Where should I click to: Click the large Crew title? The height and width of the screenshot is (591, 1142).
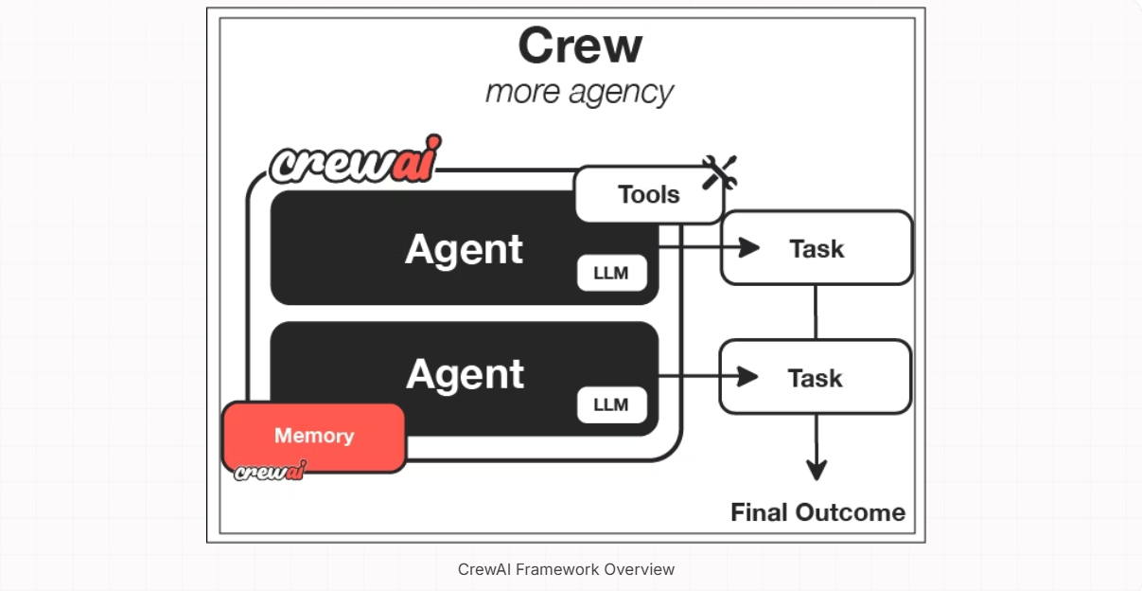(x=580, y=45)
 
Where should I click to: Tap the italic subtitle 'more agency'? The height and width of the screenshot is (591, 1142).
(x=579, y=92)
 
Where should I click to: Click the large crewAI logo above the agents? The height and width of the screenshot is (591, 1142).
(x=355, y=161)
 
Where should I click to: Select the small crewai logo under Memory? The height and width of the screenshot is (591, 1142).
(x=270, y=471)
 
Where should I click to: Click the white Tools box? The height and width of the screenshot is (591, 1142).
(x=648, y=195)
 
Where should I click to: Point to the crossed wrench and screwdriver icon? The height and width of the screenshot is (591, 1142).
(x=719, y=172)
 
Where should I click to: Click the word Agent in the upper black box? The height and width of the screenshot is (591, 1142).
(x=464, y=249)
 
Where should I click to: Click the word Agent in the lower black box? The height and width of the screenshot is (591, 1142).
(x=465, y=375)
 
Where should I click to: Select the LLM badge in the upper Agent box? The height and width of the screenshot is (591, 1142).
(x=612, y=274)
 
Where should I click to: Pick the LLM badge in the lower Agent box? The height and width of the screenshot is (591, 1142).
(x=611, y=405)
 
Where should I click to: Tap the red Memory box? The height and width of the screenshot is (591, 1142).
(x=314, y=437)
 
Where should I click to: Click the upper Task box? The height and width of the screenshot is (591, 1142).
(x=817, y=248)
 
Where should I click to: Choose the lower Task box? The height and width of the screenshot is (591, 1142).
(x=816, y=378)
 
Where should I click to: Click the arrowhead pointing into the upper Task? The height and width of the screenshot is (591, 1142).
(x=750, y=247)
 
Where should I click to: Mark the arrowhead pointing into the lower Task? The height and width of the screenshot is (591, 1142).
(x=749, y=377)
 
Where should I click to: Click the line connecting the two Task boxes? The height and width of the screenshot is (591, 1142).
(x=816, y=312)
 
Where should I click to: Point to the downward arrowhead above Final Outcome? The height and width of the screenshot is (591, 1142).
(x=817, y=470)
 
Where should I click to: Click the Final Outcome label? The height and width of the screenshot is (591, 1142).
(x=817, y=513)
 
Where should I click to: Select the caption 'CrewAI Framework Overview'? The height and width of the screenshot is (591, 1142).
(x=566, y=569)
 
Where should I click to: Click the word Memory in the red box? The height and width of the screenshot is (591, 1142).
(x=314, y=436)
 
